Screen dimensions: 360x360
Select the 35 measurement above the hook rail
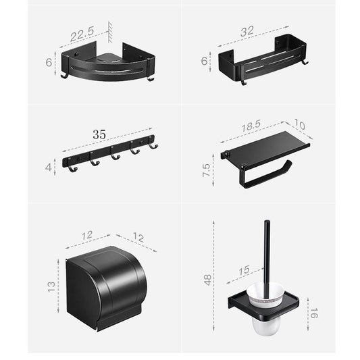(99, 134)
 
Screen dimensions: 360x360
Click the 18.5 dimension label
(251, 126)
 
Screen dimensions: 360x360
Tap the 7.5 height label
(207, 170)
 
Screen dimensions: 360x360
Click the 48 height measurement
(207, 279)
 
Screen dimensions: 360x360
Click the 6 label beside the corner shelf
(48, 61)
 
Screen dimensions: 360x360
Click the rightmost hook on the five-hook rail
(153, 147)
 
